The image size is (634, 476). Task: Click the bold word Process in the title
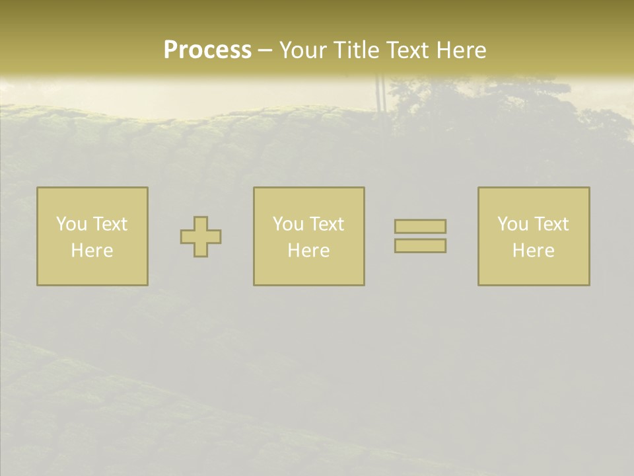pos(207,50)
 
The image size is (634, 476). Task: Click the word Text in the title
pos(406,50)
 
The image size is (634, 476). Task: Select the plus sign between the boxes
pos(201,237)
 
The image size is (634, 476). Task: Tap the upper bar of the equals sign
pos(420,226)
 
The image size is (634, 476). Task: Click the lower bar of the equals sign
pos(420,246)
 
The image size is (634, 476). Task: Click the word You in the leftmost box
pos(72,224)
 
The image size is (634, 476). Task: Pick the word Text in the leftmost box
pos(109,224)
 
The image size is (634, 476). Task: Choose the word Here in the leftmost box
pos(92,251)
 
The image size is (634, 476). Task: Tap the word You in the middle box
pos(289,224)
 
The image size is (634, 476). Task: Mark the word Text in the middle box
pos(326,224)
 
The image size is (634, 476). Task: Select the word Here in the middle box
pos(308,251)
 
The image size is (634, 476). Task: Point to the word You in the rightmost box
pos(513,224)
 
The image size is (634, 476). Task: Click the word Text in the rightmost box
pos(550,224)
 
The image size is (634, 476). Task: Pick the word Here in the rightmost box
pos(533,251)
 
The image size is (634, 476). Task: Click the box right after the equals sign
pos(534,271)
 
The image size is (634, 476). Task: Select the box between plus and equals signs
pos(309,271)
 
